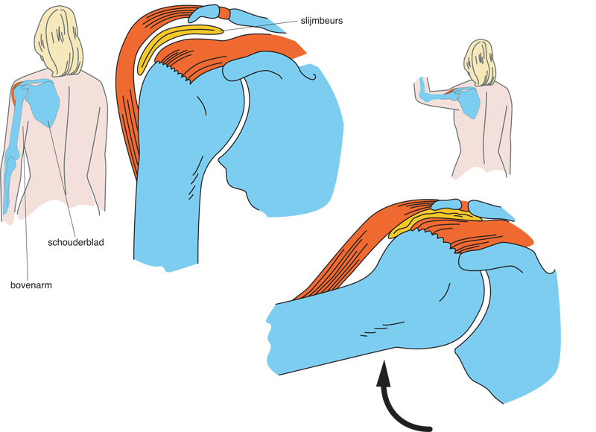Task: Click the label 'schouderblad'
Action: click(75, 242)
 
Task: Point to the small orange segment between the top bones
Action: click(224, 13)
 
